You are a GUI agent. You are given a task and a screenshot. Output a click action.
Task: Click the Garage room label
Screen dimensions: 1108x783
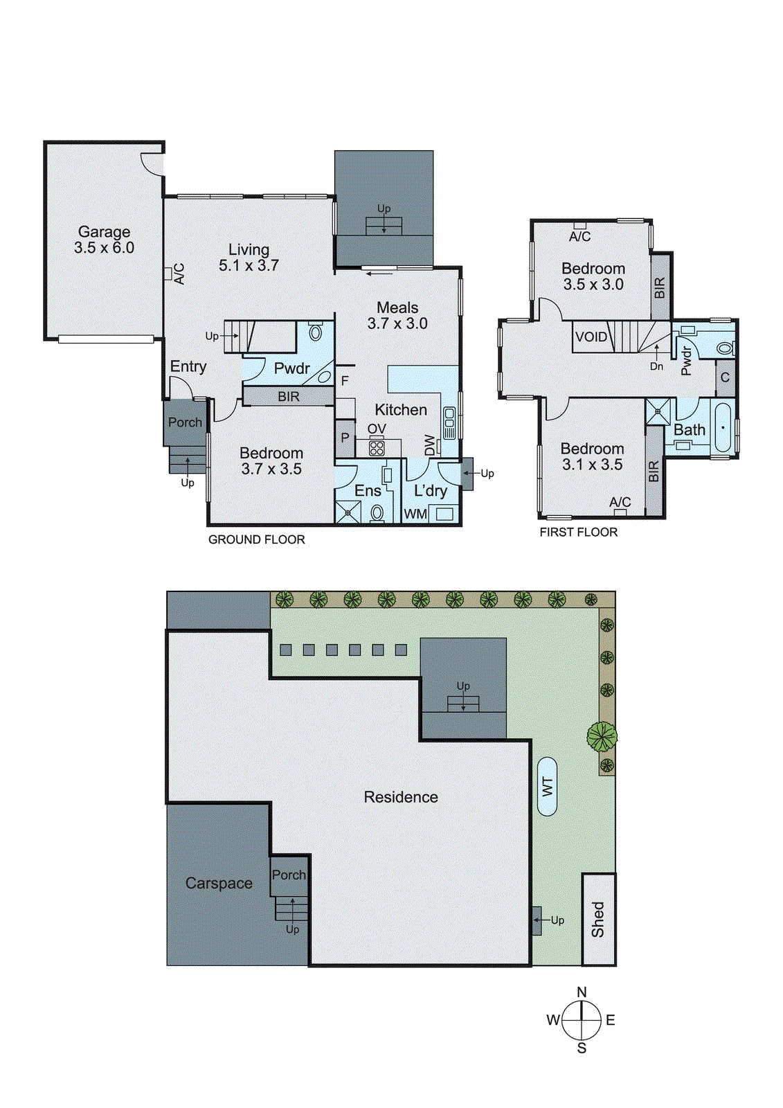pyautogui.click(x=104, y=232)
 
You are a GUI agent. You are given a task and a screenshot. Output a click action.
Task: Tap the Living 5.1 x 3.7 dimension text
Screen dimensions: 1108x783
pyautogui.click(x=249, y=265)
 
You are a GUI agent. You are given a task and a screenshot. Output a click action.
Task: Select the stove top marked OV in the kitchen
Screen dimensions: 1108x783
pyautogui.click(x=377, y=447)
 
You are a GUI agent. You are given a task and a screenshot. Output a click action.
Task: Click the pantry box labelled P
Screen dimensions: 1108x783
pyautogui.click(x=345, y=438)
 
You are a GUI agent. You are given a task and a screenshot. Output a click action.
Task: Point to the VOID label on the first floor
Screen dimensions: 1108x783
pyautogui.click(x=591, y=337)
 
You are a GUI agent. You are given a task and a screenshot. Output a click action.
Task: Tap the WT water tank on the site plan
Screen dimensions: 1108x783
pyautogui.click(x=547, y=787)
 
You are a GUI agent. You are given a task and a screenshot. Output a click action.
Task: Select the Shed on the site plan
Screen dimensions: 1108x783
pyautogui.click(x=598, y=919)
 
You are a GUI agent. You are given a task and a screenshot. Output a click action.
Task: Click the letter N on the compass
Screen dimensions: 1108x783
pyautogui.click(x=582, y=992)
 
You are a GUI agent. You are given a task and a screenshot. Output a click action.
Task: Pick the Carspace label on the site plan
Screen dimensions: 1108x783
pyautogui.click(x=219, y=884)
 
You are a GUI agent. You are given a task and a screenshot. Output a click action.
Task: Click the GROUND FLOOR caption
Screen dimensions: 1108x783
pyautogui.click(x=256, y=539)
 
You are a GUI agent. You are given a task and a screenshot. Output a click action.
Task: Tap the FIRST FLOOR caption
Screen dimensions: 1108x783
pyautogui.click(x=578, y=532)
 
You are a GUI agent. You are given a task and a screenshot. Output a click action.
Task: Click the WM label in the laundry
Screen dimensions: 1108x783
pyautogui.click(x=415, y=514)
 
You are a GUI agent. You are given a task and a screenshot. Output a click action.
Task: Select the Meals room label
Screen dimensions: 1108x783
pyautogui.click(x=397, y=307)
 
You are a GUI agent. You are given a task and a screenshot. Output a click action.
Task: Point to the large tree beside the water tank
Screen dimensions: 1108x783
pyautogui.click(x=602, y=736)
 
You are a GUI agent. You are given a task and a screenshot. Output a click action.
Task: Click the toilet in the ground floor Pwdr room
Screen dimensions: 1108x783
pyautogui.click(x=315, y=332)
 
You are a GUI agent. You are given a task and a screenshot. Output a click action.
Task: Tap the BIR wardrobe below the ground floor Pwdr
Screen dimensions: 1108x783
pyautogui.click(x=289, y=397)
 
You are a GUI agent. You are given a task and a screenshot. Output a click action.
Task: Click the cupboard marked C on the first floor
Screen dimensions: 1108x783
pyautogui.click(x=725, y=378)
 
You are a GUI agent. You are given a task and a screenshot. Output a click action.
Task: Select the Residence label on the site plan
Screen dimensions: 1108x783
pyautogui.click(x=401, y=797)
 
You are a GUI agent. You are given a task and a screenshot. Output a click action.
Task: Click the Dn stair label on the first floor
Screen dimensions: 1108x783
pyautogui.click(x=656, y=366)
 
